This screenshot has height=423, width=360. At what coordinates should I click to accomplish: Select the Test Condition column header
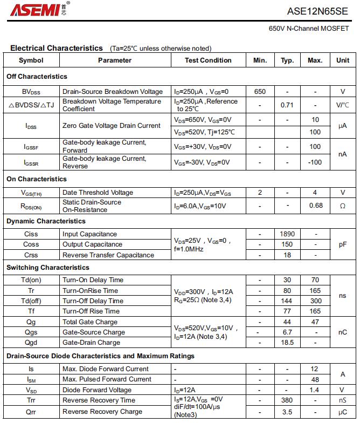208,60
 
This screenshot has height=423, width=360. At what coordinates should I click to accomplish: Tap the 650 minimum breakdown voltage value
260,92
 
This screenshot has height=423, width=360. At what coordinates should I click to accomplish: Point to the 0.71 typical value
287,105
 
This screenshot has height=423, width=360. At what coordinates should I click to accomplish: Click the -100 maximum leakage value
315,162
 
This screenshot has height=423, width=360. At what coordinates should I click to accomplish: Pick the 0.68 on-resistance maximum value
316,206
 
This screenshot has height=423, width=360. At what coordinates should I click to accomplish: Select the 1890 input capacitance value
287,234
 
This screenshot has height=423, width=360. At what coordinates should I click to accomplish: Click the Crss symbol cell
31,255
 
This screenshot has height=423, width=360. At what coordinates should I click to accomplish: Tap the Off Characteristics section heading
37,77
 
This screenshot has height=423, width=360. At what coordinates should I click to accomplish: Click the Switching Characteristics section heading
48,268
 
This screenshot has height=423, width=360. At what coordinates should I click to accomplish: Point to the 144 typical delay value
287,301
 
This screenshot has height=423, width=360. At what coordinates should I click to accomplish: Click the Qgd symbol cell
31,343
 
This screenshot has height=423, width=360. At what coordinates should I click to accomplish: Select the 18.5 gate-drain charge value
287,343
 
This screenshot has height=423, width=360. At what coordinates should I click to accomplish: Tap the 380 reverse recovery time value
287,400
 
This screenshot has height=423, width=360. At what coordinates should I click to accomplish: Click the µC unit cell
342,411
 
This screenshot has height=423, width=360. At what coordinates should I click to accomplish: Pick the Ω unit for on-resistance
342,206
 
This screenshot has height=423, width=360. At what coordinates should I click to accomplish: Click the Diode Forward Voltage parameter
97,390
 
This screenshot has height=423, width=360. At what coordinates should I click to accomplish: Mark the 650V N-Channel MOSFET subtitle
309,29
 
